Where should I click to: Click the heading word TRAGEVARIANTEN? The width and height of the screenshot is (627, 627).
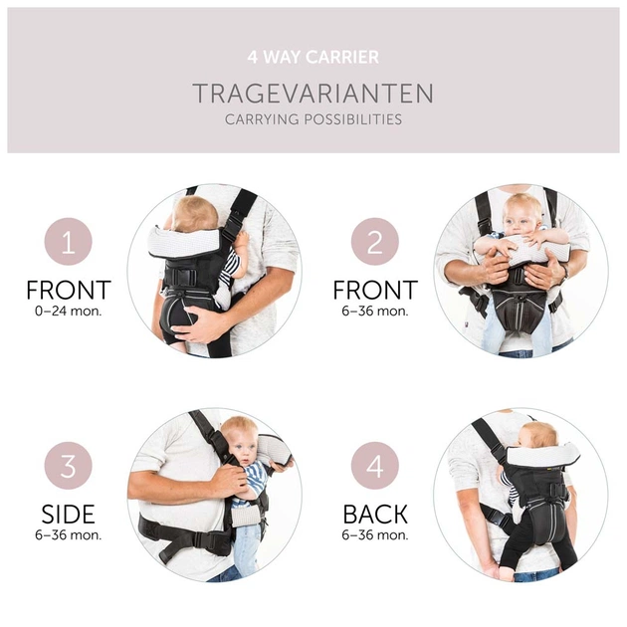pyautogui.click(x=313, y=94)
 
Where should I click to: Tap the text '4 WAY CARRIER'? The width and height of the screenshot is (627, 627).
pyautogui.click(x=313, y=58)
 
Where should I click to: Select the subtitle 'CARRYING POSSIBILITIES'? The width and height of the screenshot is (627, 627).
pyautogui.click(x=313, y=119)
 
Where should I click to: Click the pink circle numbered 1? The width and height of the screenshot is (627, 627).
pyautogui.click(x=69, y=242)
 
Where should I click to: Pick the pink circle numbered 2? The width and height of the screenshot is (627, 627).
pyautogui.click(x=375, y=242)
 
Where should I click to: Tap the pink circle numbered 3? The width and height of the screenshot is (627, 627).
pyautogui.click(x=69, y=466)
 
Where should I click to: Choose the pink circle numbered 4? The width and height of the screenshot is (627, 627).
pyautogui.click(x=375, y=466)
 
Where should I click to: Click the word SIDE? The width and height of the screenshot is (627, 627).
pyautogui.click(x=69, y=515)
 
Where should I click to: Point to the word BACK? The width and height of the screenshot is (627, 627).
pyautogui.click(x=375, y=515)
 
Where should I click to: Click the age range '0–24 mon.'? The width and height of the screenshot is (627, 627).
pyautogui.click(x=69, y=311)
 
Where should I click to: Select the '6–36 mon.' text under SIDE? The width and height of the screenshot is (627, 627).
pyautogui.click(x=69, y=535)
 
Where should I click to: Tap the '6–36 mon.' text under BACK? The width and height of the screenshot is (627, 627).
pyautogui.click(x=375, y=535)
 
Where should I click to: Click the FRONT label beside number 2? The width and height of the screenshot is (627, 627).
pyautogui.click(x=375, y=291)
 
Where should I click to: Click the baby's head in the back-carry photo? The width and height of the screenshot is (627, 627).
pyautogui.click(x=538, y=434)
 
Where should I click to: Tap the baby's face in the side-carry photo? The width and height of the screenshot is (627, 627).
pyautogui.click(x=238, y=442)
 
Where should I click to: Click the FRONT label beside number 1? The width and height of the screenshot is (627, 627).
pyautogui.click(x=69, y=291)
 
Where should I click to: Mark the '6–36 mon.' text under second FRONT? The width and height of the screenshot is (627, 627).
pyautogui.click(x=375, y=311)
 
